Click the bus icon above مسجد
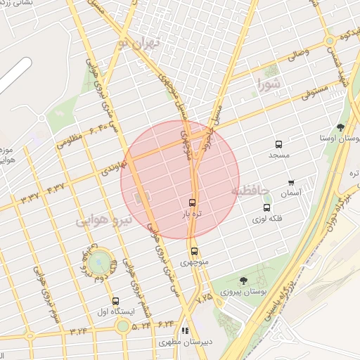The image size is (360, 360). click(279, 143)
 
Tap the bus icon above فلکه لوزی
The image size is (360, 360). click(266, 207)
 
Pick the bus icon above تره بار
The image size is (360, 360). click(193, 202)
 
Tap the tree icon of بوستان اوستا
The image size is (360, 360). click(341, 127)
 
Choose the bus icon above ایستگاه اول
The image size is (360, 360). click(115, 300)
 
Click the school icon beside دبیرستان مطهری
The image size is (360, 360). click(185, 330)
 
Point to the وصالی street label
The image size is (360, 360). click(295, 52)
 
